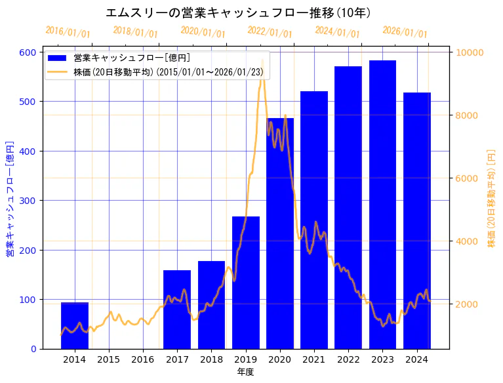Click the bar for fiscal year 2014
(x=75, y=325)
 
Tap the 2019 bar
(x=246, y=282)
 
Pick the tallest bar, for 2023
(x=382, y=204)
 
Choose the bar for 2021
(x=314, y=220)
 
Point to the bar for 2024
(x=417, y=220)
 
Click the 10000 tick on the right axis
(x=470, y=52)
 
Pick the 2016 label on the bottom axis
(x=143, y=359)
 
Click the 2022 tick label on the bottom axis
(x=348, y=359)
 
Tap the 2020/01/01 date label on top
(x=203, y=31)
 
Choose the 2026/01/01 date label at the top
(x=405, y=31)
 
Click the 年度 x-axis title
(x=245, y=372)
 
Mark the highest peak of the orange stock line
(x=262, y=60)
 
